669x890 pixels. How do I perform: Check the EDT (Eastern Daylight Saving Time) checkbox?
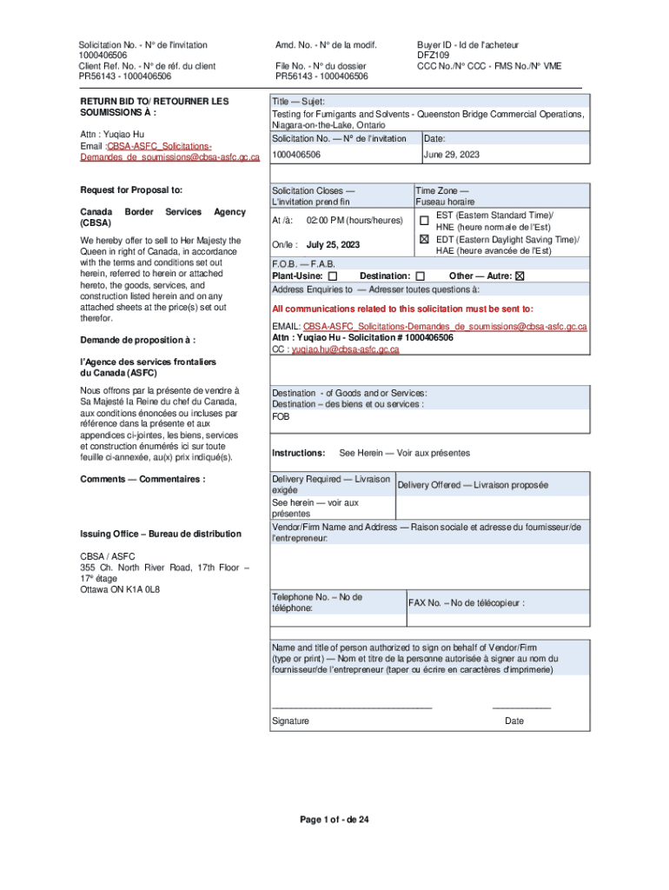click(x=424, y=239)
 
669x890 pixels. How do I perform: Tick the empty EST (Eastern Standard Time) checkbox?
click(x=424, y=219)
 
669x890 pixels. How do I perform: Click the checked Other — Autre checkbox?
click(x=520, y=276)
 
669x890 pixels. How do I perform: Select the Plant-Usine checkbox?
click(x=333, y=276)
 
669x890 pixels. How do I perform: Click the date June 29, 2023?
click(x=451, y=155)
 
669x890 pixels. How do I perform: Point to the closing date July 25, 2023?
click(x=333, y=244)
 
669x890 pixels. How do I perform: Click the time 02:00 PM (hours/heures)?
click(x=354, y=221)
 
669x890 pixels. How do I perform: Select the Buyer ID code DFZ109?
click(x=433, y=55)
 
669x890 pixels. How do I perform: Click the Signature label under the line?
click(x=290, y=721)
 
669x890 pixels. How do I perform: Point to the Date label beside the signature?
click(x=514, y=721)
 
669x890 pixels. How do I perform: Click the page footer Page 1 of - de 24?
click(x=334, y=820)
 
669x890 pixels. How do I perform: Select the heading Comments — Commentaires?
click(x=142, y=479)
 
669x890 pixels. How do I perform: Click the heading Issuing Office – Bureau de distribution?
click(x=161, y=534)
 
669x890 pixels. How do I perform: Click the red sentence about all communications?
click(x=403, y=309)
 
